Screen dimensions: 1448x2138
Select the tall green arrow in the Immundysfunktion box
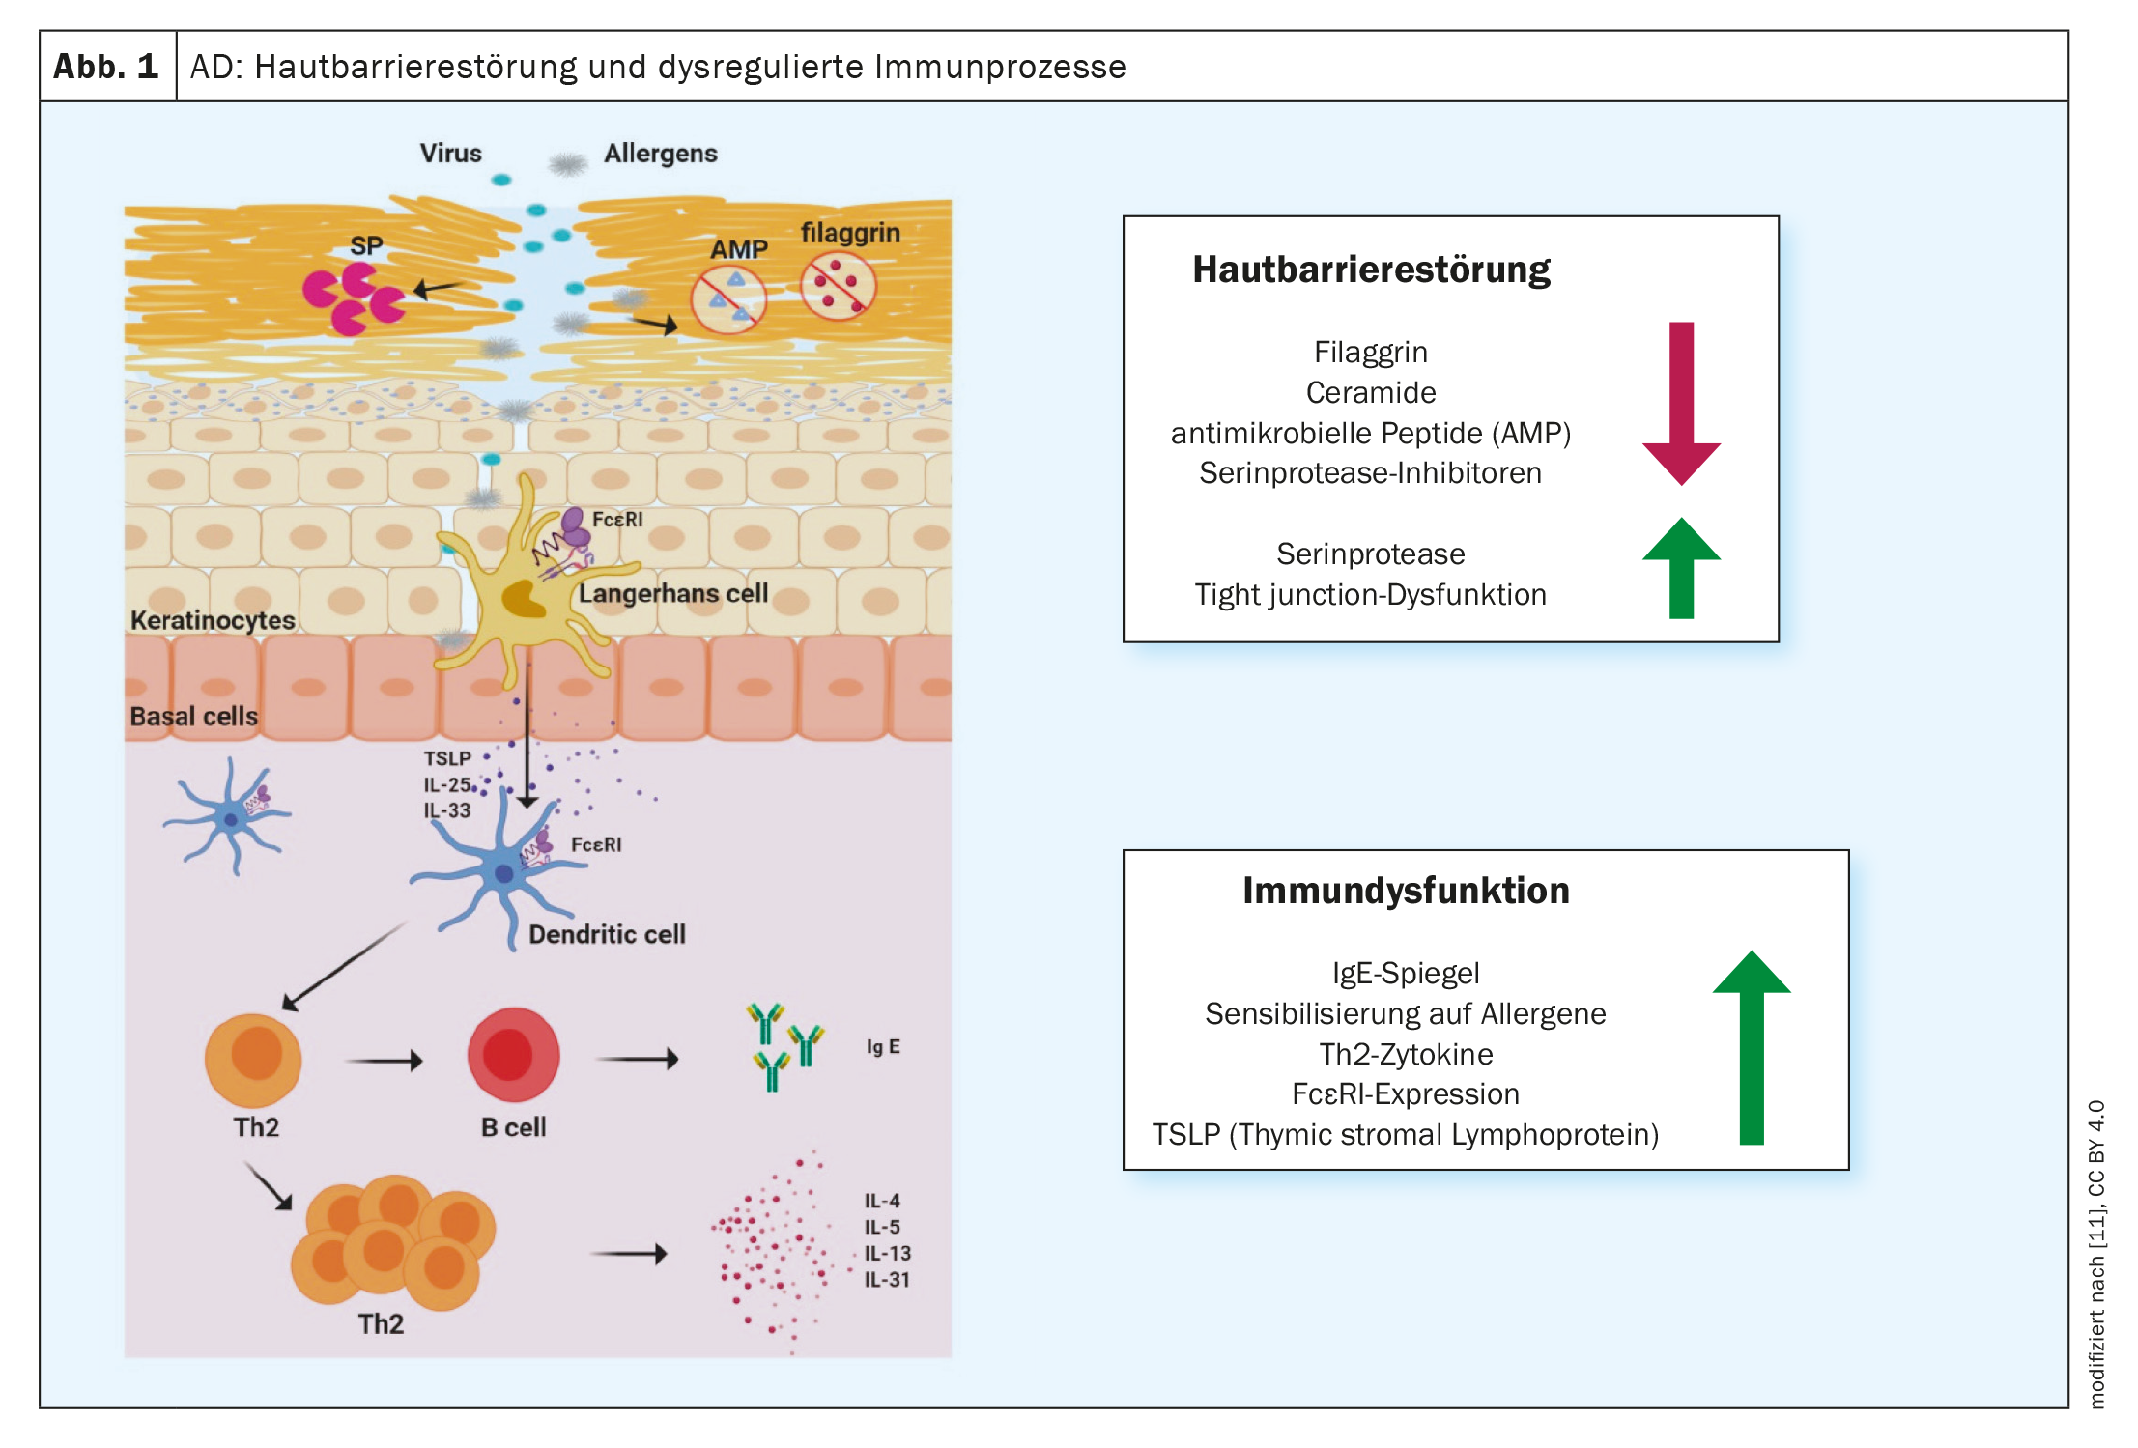pyautogui.click(x=1751, y=1048)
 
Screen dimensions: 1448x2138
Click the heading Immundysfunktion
pyautogui.click(x=1406, y=891)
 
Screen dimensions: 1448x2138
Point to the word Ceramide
pyautogui.click(x=1370, y=393)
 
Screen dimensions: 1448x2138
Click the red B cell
pyautogui.click(x=513, y=1055)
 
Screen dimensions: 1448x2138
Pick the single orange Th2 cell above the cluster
pyautogui.click(x=254, y=1060)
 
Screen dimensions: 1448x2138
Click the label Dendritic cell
pyautogui.click(x=607, y=934)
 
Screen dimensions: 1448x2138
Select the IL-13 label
pyautogui.click(x=887, y=1254)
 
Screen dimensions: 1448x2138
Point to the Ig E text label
pyautogui.click(x=883, y=1046)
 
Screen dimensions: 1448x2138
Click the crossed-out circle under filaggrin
pyautogui.click(x=838, y=286)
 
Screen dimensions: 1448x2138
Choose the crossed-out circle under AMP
pyautogui.click(x=728, y=299)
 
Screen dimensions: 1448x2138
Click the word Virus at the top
pyautogui.click(x=450, y=154)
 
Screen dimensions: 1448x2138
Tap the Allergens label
pyautogui.click(x=661, y=154)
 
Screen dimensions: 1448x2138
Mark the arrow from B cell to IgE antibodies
pyautogui.click(x=637, y=1059)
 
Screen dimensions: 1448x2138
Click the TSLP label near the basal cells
pyautogui.click(x=447, y=759)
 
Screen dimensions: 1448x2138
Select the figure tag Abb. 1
pyautogui.click(x=106, y=67)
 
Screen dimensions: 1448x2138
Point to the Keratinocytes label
pyautogui.click(x=213, y=620)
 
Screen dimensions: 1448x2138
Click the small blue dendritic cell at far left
pyautogui.click(x=230, y=818)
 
